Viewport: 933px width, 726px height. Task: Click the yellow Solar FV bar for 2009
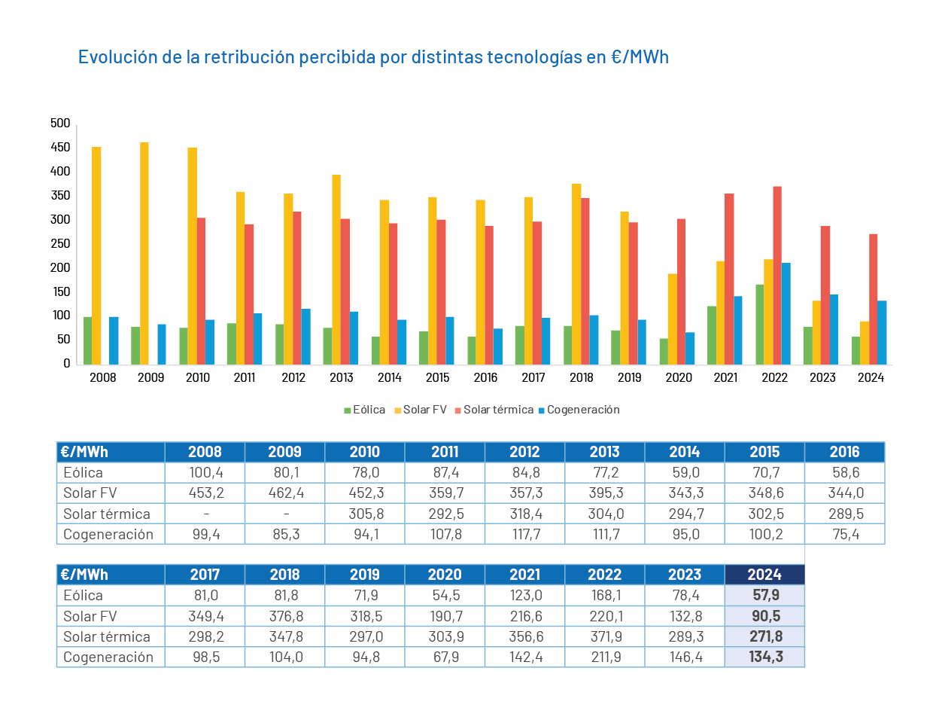pos(144,253)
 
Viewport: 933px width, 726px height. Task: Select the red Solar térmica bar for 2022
pos(777,276)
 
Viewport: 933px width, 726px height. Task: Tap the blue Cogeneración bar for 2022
pos(786,313)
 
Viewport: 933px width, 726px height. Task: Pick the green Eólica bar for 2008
pos(87,340)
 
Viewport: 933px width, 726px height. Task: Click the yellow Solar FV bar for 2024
pos(865,343)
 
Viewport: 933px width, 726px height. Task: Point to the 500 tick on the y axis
pos(60,124)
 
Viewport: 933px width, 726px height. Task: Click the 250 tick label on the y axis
pos(60,243)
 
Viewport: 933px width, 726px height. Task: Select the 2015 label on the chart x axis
pos(437,377)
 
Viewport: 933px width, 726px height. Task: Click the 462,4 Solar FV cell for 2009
pos(284,493)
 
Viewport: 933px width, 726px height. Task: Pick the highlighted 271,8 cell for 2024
pos(765,636)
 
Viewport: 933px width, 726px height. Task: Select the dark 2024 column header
pos(764,575)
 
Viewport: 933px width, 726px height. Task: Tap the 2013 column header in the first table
pos(604,452)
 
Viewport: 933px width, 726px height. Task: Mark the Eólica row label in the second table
pos(84,596)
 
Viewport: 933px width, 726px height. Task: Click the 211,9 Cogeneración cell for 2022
pos(605,657)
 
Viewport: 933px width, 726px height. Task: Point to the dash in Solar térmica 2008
pos(205,514)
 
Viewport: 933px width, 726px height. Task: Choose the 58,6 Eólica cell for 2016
pos(844,473)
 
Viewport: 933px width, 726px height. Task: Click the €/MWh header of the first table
pos(84,452)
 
